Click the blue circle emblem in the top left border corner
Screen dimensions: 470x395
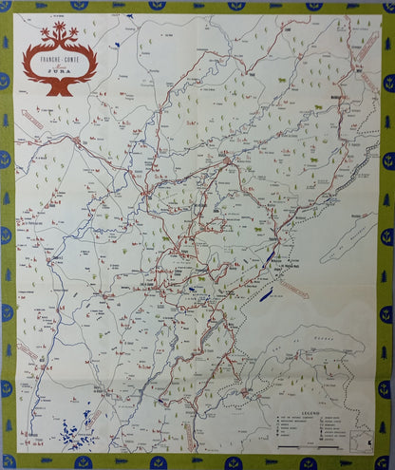pyautogui.click(x=8, y=7)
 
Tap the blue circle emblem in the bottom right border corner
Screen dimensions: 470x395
pyautogui.click(x=387, y=462)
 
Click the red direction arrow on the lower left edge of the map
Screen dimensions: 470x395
pyautogui.click(x=28, y=353)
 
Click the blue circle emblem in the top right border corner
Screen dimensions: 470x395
pyautogui.click(x=387, y=7)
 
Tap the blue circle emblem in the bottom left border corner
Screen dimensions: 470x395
pyautogui.click(x=8, y=462)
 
